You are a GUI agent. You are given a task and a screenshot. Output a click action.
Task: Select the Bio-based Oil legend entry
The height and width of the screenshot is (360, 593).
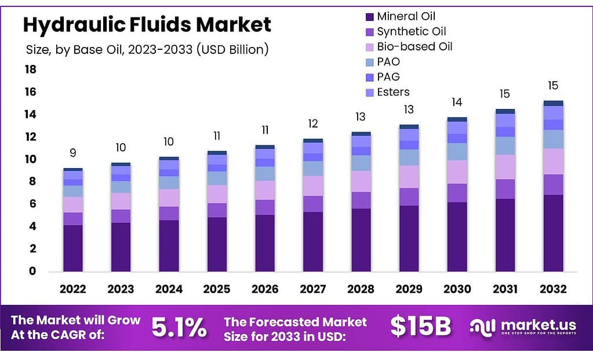[x=414, y=46]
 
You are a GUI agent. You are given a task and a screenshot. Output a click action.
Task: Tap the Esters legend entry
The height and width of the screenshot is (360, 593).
[x=392, y=92]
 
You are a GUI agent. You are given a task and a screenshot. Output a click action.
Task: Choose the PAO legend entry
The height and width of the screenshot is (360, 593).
[x=388, y=61]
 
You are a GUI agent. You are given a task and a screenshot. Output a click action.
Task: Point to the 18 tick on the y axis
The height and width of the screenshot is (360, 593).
[x=30, y=70]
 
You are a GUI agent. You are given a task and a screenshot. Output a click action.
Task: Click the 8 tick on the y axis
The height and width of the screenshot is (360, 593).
[x=32, y=181]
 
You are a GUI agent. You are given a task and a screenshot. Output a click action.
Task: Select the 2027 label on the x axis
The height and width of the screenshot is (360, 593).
[x=313, y=289]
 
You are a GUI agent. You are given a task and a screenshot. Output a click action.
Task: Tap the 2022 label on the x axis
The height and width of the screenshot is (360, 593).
[x=72, y=289]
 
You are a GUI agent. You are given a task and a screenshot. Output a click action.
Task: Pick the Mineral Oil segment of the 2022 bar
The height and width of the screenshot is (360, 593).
[x=73, y=248]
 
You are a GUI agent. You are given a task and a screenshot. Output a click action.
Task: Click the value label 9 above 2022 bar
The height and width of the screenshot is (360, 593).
[x=73, y=153]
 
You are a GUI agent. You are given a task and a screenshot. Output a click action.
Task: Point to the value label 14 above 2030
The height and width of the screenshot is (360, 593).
[x=457, y=102]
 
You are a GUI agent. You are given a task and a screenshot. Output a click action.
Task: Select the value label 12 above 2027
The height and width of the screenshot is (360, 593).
[x=313, y=123]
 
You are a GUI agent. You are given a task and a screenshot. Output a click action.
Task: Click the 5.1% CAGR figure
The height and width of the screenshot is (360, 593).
[x=179, y=328]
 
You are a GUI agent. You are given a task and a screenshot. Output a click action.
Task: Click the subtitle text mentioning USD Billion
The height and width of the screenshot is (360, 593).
[x=147, y=50]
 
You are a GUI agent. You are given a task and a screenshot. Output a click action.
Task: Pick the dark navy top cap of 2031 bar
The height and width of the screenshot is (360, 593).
[x=505, y=111]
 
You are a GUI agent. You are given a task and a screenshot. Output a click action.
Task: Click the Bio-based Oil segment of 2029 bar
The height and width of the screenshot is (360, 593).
[x=409, y=177]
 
